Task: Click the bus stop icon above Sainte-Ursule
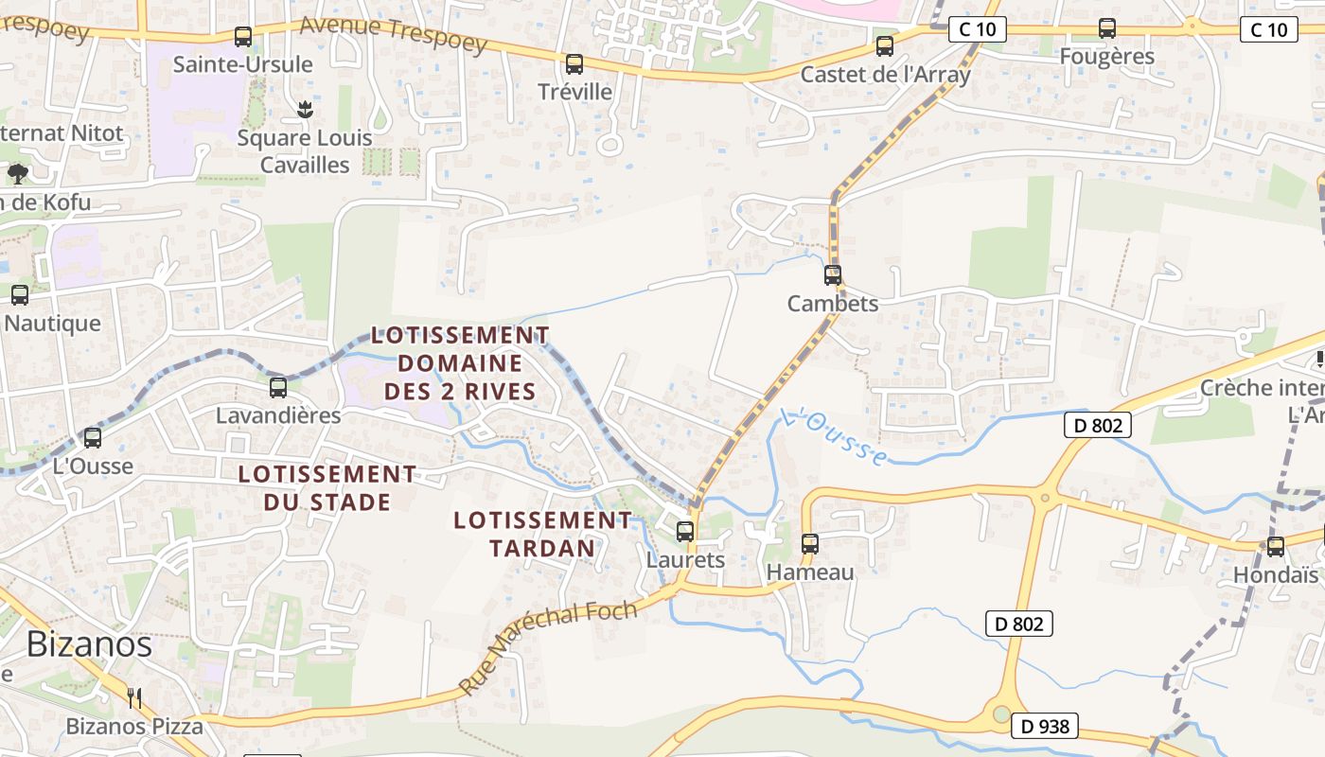[x=243, y=37]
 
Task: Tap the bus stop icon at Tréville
[x=574, y=64]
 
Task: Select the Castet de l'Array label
[x=885, y=74]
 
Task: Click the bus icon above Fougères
[x=1107, y=28]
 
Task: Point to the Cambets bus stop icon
[x=833, y=275]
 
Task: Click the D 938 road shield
[x=1045, y=726]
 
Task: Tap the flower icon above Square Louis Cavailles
[x=304, y=110]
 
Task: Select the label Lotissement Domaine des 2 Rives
[x=460, y=362]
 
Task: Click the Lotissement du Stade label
[x=327, y=487]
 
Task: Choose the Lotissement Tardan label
[x=542, y=534]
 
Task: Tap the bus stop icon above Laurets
[x=685, y=532]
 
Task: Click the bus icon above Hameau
[x=810, y=544]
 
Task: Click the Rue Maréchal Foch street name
[x=548, y=647]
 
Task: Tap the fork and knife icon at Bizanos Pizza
[x=134, y=698]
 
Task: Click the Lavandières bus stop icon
[x=278, y=387]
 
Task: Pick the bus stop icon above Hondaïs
[x=1276, y=547]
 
